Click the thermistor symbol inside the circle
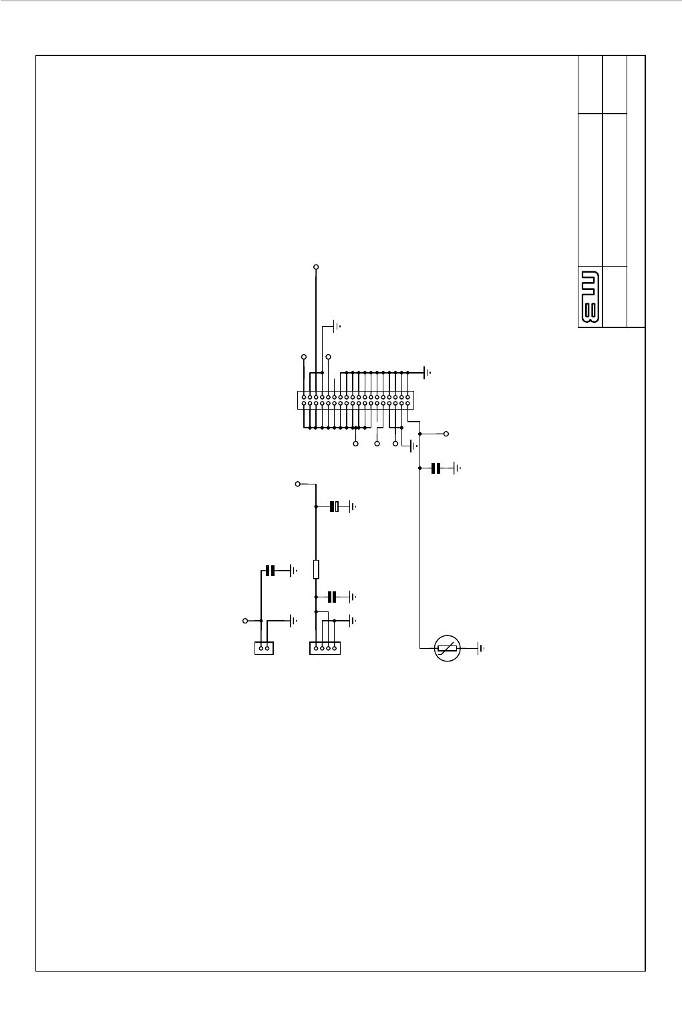(447, 648)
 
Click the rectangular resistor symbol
(316, 569)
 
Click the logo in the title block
(588, 297)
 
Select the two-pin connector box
(264, 647)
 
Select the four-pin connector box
(325, 647)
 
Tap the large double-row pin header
(355, 400)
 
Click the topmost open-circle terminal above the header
(316, 267)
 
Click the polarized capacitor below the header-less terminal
(335, 506)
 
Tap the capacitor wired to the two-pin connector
(270, 571)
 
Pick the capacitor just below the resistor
(331, 596)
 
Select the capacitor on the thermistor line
(436, 468)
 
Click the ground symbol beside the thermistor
(480, 648)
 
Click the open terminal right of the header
(446, 434)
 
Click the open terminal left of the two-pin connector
(245, 621)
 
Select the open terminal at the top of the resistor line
(297, 483)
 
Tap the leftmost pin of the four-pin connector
(316, 647)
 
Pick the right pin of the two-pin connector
(267, 647)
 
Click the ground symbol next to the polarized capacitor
(353, 506)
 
